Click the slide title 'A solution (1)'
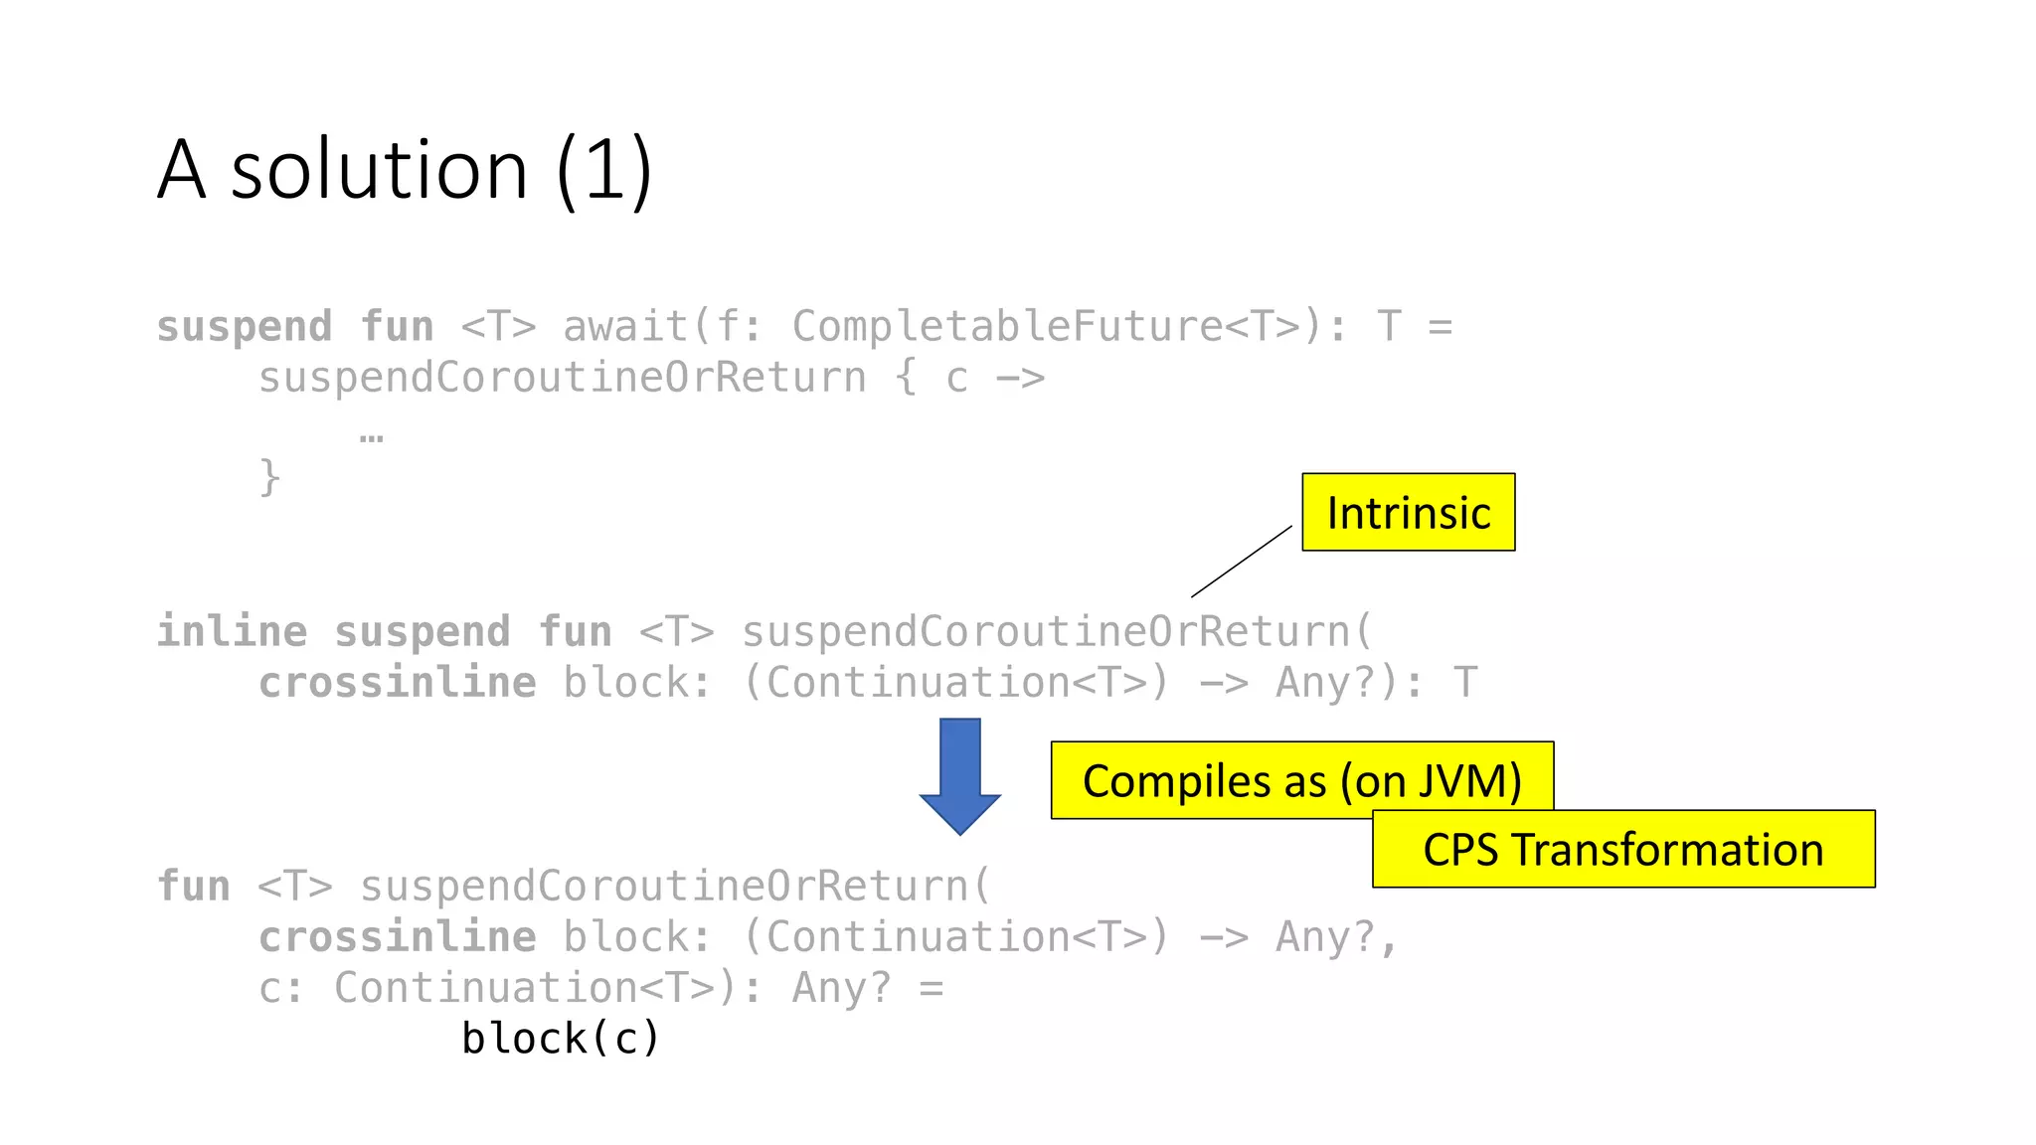point(405,170)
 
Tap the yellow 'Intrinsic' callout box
point(1408,513)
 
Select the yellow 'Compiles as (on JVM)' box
point(1301,780)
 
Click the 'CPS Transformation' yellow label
point(1622,850)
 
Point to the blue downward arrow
point(959,776)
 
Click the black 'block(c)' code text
point(561,1039)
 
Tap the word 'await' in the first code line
point(625,327)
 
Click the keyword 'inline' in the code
point(232,632)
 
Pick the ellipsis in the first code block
point(371,435)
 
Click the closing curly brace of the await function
point(269,478)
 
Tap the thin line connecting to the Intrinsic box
point(1242,562)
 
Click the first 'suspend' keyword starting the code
point(245,327)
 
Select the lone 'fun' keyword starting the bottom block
point(194,887)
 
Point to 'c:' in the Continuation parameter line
point(281,988)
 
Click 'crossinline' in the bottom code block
point(397,937)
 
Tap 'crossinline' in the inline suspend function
point(397,683)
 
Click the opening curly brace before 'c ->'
point(906,379)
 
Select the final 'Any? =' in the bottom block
point(867,988)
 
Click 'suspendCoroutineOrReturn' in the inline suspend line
point(1046,632)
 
